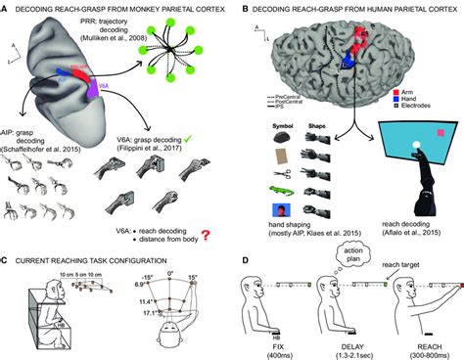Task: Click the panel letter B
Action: [241, 6]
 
